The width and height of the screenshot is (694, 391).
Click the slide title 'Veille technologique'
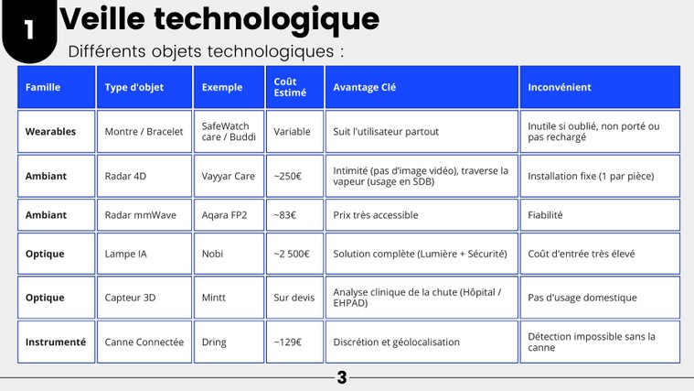[219, 20]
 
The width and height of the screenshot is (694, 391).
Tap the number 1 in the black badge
[29, 29]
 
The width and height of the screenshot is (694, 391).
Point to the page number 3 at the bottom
[342, 377]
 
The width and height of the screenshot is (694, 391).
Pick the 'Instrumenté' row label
[56, 342]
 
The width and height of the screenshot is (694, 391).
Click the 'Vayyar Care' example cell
[229, 177]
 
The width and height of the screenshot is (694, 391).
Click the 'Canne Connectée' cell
[144, 342]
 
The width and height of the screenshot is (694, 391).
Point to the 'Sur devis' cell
[294, 298]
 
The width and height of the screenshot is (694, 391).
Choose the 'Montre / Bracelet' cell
[144, 132]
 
